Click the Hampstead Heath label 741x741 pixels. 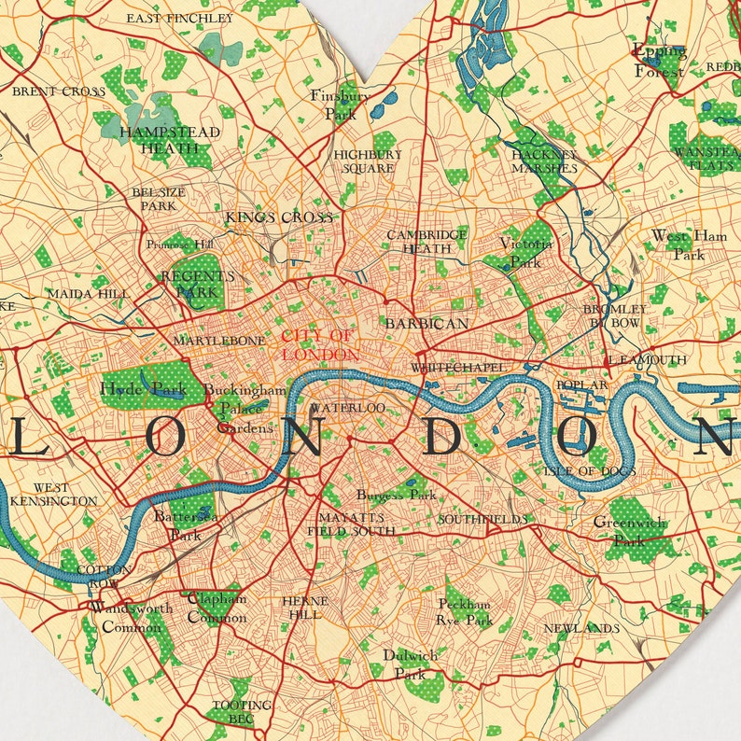tap(170, 140)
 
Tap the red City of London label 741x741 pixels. tap(318, 345)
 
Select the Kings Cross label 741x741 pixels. tap(279, 217)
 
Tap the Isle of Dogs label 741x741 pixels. tap(590, 471)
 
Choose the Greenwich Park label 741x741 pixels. tap(630, 531)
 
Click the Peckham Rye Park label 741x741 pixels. tap(465, 612)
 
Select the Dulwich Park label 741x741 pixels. tap(410, 664)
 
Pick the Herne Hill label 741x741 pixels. tap(304, 608)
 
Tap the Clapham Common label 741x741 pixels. tap(217, 608)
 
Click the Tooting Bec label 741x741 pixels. tap(242, 711)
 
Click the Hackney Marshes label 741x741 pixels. tap(544, 161)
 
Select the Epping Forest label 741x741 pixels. tap(659, 61)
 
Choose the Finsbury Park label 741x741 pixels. tap(341, 105)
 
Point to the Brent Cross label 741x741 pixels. tap(59, 91)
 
